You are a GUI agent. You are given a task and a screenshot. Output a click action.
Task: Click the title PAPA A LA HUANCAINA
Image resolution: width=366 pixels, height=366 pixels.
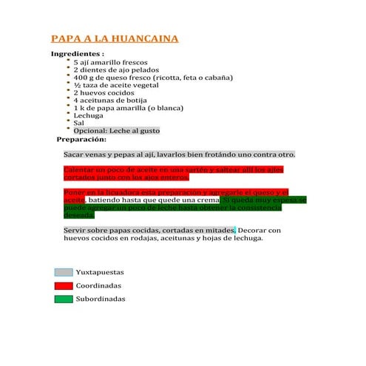pyautogui.click(x=115, y=39)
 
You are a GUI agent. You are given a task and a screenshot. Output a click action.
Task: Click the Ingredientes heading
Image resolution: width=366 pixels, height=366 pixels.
pyautogui.click(x=77, y=55)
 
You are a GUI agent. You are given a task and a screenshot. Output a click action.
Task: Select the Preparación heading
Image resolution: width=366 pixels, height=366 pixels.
pyautogui.click(x=82, y=139)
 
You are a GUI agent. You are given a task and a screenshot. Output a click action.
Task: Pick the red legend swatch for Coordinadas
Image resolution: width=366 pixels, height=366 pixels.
pyautogui.click(x=64, y=285)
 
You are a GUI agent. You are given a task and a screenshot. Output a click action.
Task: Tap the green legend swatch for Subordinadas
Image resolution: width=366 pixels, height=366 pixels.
pyautogui.click(x=64, y=299)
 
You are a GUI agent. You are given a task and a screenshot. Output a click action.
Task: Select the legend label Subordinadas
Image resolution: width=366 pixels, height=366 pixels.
pyautogui.click(x=101, y=299)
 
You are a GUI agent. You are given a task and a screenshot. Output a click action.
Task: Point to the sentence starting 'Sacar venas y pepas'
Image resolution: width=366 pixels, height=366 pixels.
pyautogui.click(x=179, y=155)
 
